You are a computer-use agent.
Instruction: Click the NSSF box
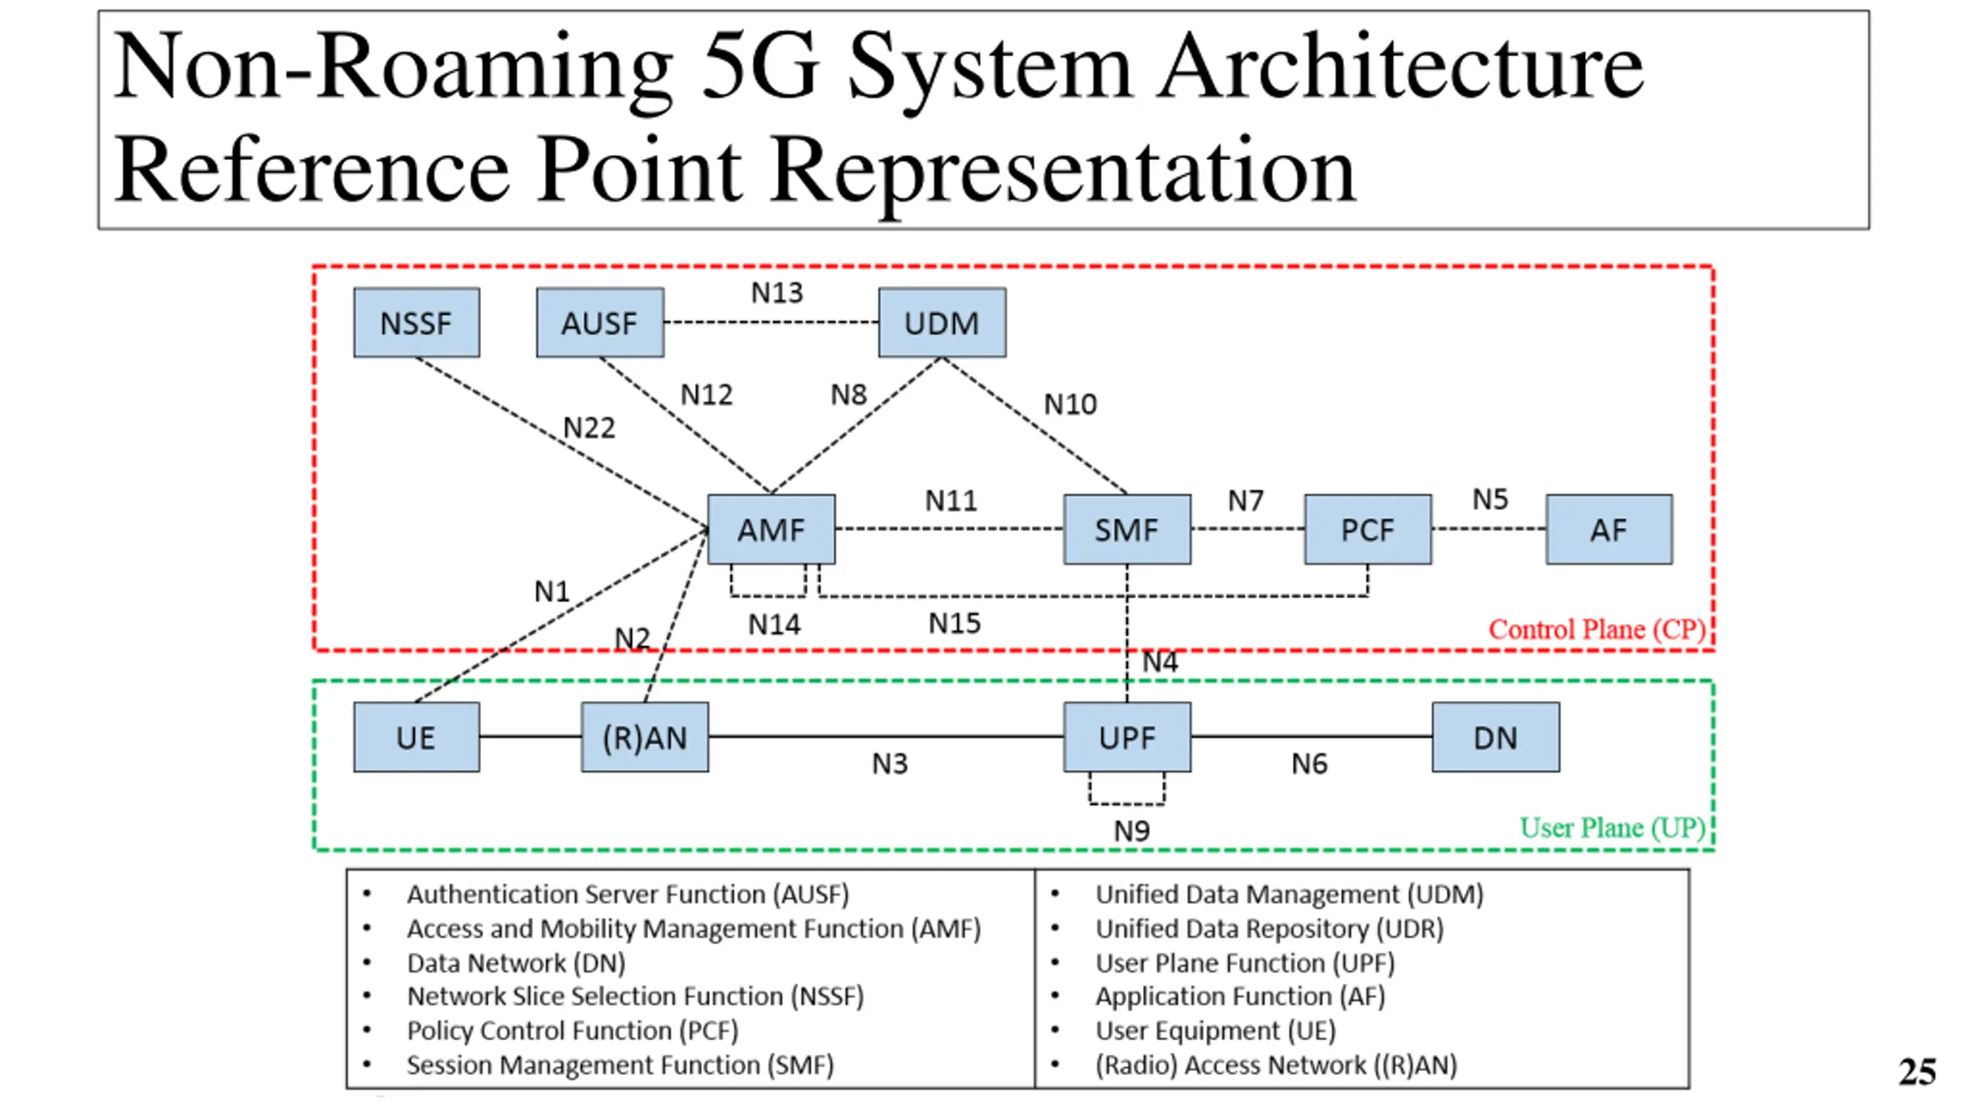point(416,323)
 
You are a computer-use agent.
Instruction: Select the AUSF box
point(600,323)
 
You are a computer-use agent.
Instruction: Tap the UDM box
point(942,323)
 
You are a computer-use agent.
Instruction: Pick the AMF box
point(771,530)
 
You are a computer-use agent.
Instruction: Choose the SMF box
point(1127,530)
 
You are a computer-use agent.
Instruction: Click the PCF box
point(1368,530)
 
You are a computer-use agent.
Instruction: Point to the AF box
point(1609,530)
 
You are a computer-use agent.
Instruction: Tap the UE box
point(416,737)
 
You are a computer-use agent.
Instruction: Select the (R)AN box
point(645,737)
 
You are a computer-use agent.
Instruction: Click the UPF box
point(1127,737)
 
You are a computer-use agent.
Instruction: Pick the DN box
point(1495,737)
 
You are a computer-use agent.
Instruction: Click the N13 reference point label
point(776,293)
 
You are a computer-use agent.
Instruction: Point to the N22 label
point(590,427)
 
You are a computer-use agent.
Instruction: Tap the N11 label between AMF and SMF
point(951,501)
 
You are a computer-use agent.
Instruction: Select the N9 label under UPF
point(1132,831)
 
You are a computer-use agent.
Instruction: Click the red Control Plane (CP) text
point(1597,630)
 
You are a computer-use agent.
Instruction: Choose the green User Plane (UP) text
point(1612,828)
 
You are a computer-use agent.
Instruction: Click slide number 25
point(1916,1072)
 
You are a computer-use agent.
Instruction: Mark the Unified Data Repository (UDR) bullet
point(1269,929)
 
